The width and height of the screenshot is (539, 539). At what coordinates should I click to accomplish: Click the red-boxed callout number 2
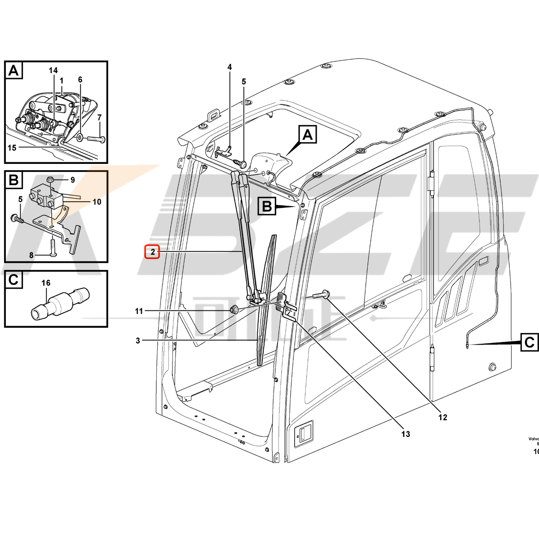coord(153,252)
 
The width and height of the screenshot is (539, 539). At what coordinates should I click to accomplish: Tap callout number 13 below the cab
coord(406,434)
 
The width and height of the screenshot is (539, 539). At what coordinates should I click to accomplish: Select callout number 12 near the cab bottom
coord(443,417)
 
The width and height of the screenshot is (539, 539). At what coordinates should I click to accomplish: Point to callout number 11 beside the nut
coord(139,311)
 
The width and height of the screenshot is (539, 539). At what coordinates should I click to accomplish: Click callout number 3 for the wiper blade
coord(138,341)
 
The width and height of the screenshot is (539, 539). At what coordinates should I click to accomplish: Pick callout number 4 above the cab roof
coord(230,67)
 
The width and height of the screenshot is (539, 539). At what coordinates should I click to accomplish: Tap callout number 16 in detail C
coord(46,283)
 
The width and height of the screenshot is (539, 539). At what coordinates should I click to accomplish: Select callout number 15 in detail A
coord(12,147)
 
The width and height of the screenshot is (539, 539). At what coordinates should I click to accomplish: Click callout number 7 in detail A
coord(100,118)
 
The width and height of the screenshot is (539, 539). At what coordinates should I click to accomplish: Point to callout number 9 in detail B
coord(72,180)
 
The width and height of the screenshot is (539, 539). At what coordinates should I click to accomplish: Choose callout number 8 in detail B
coord(31,255)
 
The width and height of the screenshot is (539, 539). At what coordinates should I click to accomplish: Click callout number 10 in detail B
coord(97,202)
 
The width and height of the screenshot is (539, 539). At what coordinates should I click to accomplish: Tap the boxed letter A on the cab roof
coord(308,135)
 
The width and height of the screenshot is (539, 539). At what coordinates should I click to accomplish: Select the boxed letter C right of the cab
coord(530,342)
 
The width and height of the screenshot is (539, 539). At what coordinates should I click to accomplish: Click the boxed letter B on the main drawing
coord(267,207)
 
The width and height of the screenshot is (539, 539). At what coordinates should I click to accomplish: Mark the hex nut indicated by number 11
coord(234,309)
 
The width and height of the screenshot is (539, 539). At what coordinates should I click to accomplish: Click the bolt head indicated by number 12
coord(326,295)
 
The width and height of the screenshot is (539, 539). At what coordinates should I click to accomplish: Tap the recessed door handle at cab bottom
coord(302,433)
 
